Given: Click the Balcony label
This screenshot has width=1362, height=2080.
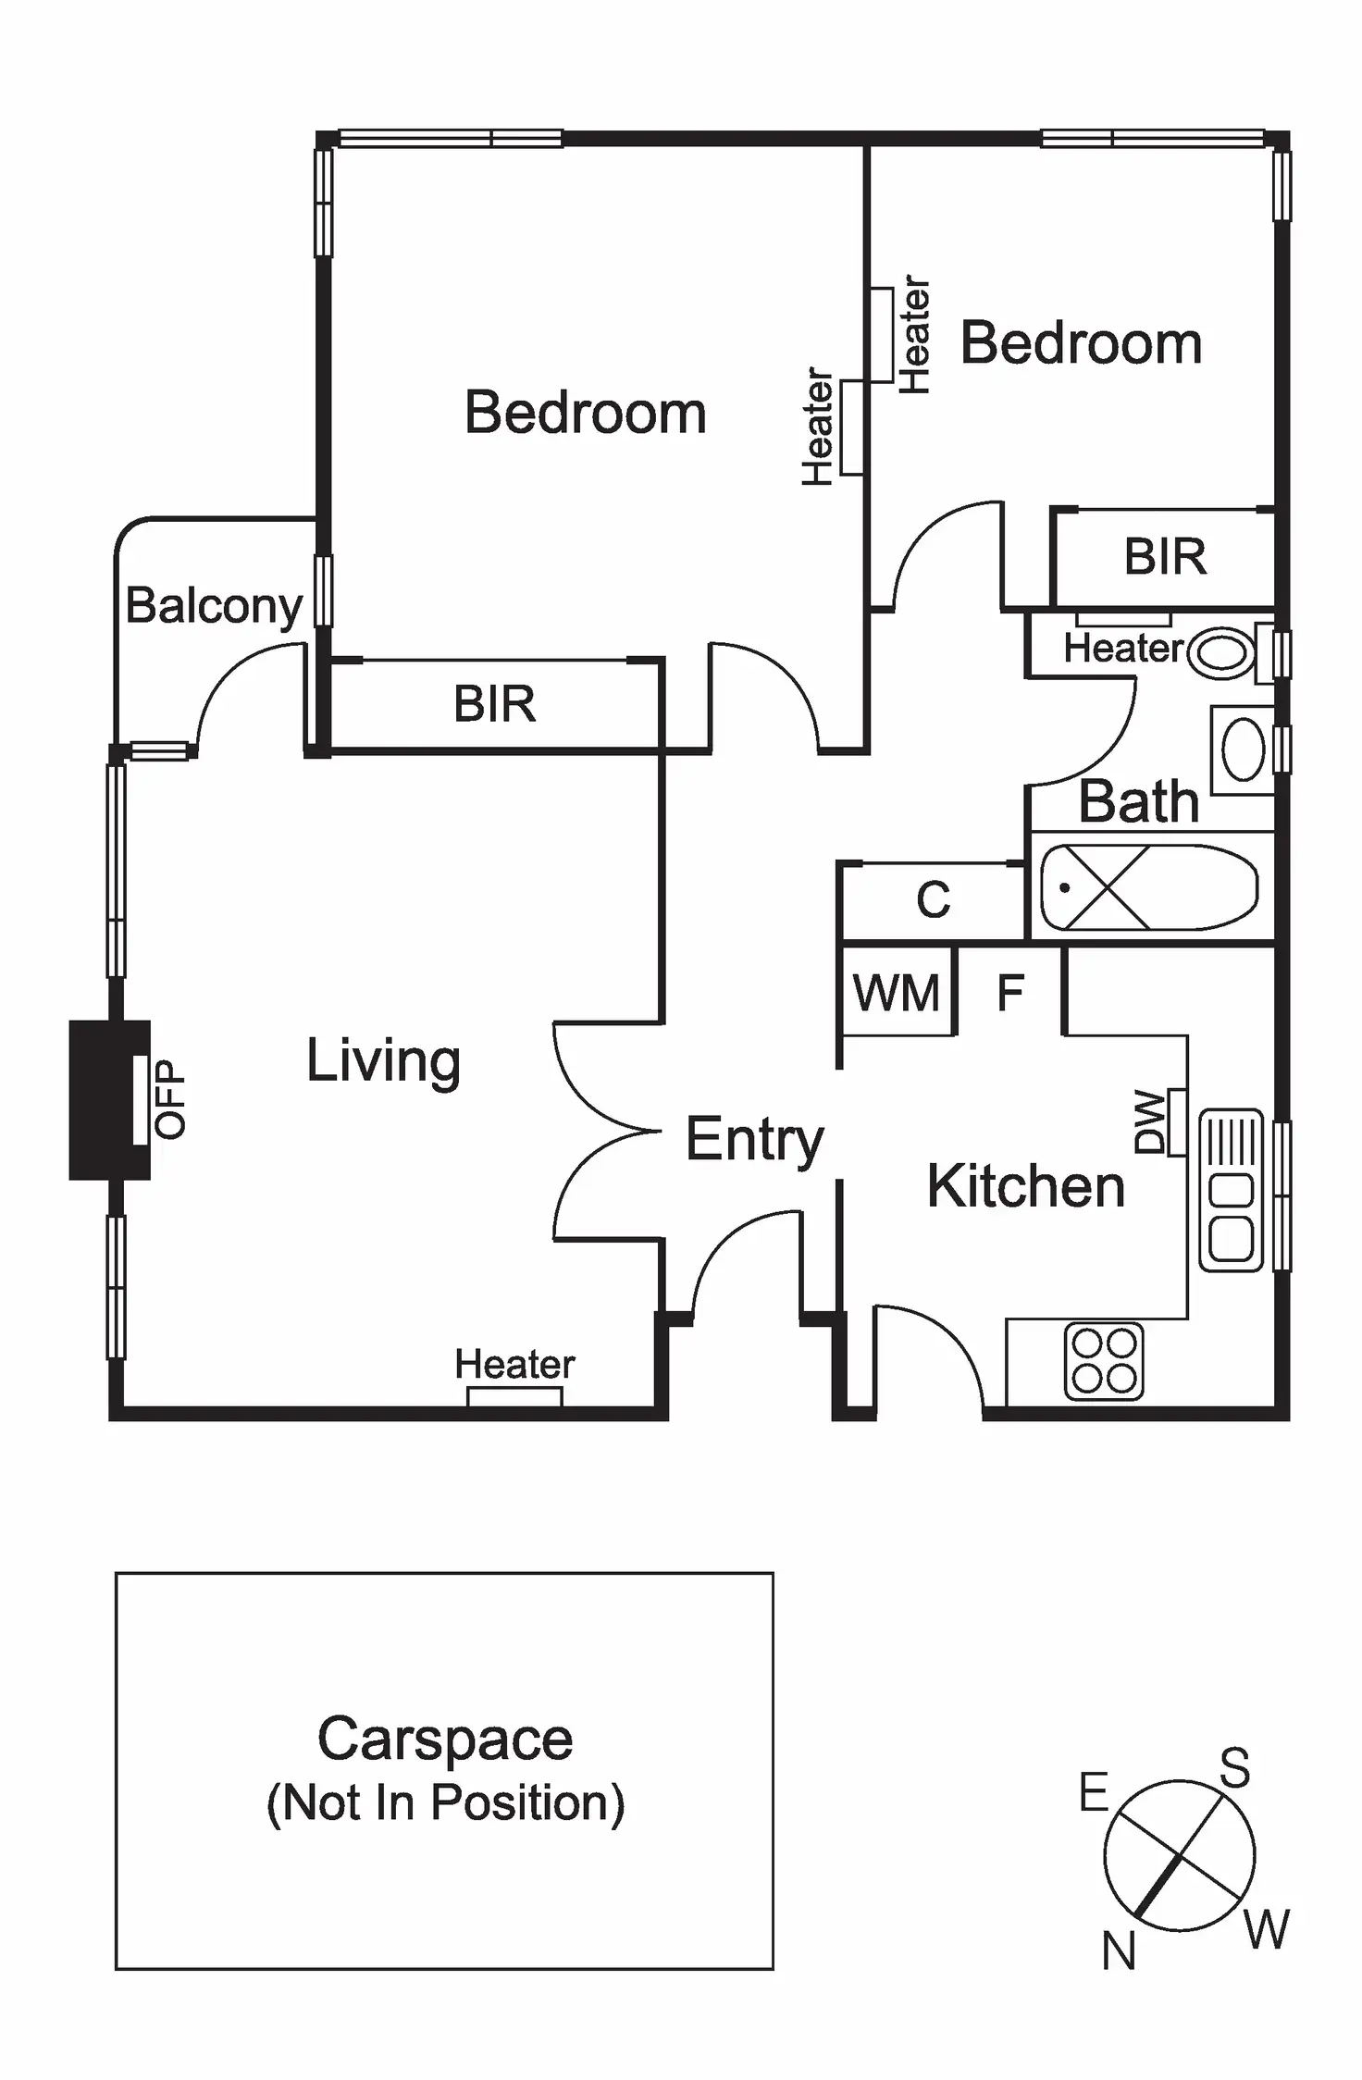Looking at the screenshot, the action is coord(214,607).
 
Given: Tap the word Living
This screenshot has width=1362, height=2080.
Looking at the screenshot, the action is coord(383,1060).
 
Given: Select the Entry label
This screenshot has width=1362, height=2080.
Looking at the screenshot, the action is coord(754,1139).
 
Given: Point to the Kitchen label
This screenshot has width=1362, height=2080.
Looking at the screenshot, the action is coord(1025,1186).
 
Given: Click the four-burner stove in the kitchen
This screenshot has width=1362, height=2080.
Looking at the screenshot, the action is coord(1104,1361).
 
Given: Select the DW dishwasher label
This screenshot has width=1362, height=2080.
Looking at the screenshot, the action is coord(1150,1121).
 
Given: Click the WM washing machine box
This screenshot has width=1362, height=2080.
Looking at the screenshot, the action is coord(897,993).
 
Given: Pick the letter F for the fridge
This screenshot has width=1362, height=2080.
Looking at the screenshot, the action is coord(1010,993).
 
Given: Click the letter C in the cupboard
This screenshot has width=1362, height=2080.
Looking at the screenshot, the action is coord(933,899).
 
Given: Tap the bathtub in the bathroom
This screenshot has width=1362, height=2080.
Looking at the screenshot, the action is coord(1149,887).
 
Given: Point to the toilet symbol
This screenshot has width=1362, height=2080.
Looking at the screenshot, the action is coord(1222,653).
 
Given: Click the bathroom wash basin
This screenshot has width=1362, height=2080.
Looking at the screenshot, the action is coord(1243,749).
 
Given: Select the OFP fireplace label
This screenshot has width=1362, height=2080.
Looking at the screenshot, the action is coord(171,1098).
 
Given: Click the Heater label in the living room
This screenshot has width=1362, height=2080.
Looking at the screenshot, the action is coord(514,1365).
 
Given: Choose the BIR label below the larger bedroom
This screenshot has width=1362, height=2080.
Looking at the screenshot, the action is coord(494,704).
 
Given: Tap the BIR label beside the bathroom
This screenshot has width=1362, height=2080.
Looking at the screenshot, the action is coord(1165,557).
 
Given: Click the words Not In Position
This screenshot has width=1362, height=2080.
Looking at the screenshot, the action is coord(445,1802).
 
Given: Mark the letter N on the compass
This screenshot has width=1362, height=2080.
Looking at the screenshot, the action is coord(1119,1952).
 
